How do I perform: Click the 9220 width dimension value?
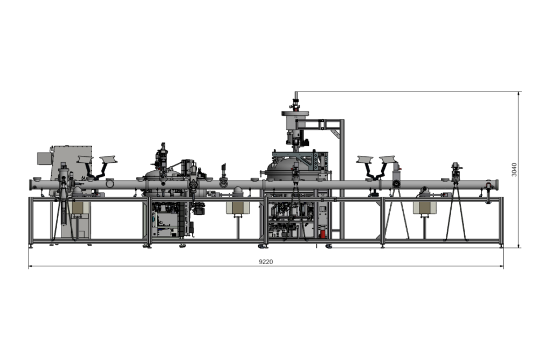pos(266,261)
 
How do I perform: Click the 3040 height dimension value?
pos(514,170)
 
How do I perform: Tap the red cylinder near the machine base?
pos(322,234)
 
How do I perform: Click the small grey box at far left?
pos(44,158)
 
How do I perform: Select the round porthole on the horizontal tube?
pos(110,183)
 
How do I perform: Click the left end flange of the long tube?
pos(31,185)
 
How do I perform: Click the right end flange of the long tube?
pos(496,185)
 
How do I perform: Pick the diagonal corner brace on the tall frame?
pos(336,134)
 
